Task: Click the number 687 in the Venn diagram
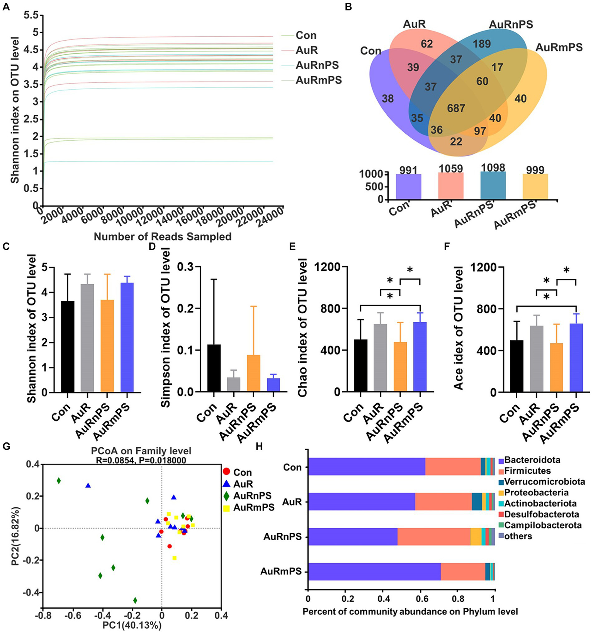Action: tap(456, 108)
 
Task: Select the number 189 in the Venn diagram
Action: tap(482, 44)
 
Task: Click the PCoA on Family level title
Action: tap(141, 451)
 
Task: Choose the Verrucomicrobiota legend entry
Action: tap(544, 482)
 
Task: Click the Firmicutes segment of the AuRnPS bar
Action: tap(433, 537)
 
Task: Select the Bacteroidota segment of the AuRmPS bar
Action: tap(374, 572)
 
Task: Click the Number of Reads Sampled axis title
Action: tap(163, 237)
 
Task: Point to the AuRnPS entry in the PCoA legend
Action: tap(252, 496)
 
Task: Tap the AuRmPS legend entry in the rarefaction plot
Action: tap(318, 80)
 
